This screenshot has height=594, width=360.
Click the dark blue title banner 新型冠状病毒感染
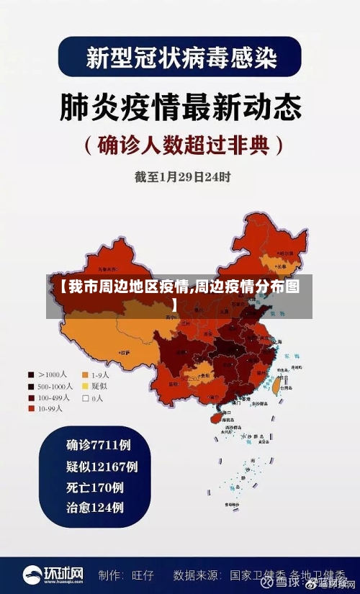point(180,57)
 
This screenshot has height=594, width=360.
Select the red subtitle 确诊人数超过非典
point(180,145)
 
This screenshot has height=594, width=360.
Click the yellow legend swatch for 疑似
point(85,386)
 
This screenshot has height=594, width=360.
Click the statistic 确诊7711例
point(99,444)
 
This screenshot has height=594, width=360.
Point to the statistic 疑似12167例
point(102,466)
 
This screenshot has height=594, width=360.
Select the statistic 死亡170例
point(94,487)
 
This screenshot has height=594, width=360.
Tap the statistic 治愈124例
point(94,508)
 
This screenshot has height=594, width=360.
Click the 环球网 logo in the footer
point(53,575)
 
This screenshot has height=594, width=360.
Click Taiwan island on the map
point(274,386)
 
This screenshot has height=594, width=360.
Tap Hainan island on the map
point(215,417)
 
